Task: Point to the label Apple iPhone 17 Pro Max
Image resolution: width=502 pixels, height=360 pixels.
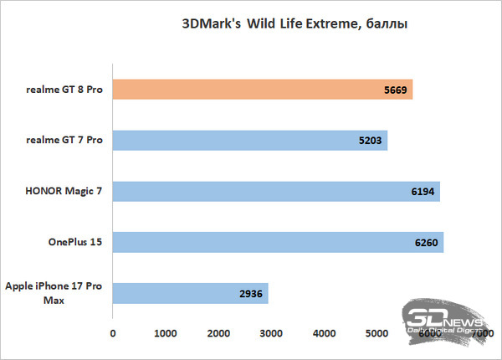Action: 54,294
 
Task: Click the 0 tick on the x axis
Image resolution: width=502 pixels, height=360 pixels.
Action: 113,334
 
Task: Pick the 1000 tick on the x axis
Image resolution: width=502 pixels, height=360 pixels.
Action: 166,334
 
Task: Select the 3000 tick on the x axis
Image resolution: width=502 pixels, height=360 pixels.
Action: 271,334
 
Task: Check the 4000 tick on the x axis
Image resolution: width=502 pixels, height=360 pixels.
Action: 324,334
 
